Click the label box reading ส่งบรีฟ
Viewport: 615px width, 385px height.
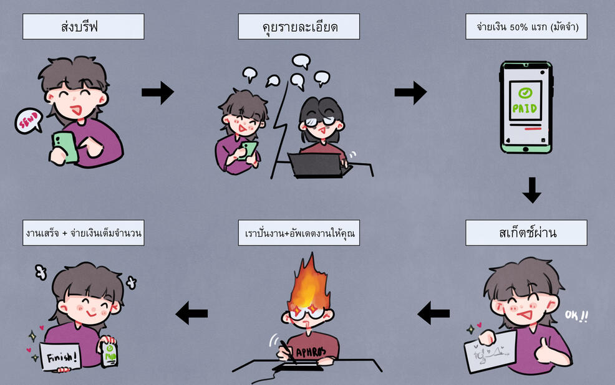point(83,27)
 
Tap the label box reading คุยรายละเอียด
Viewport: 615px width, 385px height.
point(299,27)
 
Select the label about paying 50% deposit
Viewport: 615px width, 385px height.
point(526,27)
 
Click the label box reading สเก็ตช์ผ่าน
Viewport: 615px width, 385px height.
point(526,234)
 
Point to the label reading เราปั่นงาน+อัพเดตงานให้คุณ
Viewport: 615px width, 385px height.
point(299,234)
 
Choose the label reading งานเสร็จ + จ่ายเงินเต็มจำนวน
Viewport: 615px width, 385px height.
point(83,234)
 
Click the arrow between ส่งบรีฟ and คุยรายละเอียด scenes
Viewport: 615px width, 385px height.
point(157,93)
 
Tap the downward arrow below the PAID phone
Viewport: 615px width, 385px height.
point(531,190)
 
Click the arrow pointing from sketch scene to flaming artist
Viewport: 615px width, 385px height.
point(433,312)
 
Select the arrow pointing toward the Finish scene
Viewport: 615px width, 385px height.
point(191,312)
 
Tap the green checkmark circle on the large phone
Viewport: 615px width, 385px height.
point(525,92)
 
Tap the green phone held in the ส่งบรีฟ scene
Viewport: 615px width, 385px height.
point(65,147)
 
